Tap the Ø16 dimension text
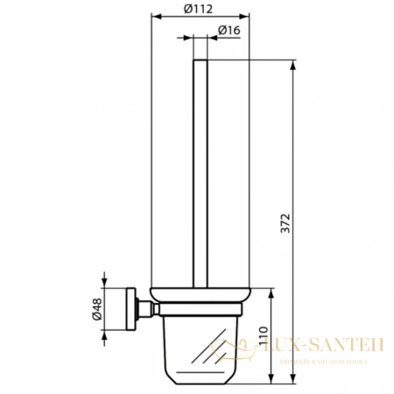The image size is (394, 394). point(229,31)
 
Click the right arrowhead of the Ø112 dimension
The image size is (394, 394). point(248,18)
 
